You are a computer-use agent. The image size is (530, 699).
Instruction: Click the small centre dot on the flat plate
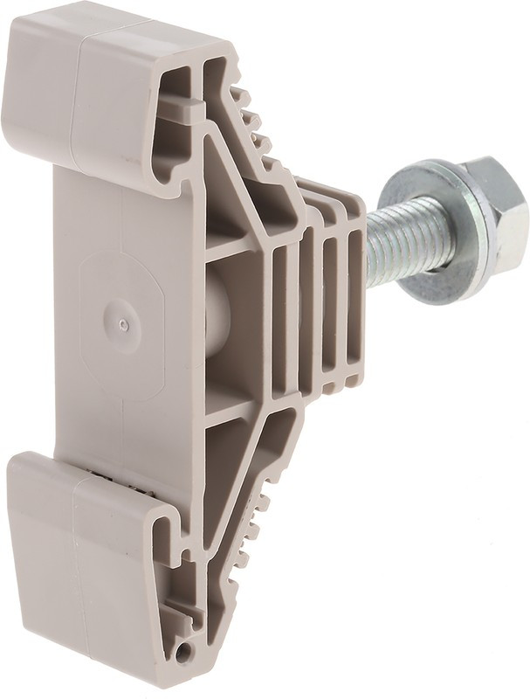pos(124,324)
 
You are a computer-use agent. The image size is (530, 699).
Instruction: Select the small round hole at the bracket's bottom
pos(182,652)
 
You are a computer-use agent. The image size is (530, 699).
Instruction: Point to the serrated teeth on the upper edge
pos(253,122)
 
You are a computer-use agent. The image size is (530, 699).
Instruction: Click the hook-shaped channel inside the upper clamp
pos(175,131)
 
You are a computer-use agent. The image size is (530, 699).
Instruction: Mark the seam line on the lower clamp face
pos(75,542)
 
